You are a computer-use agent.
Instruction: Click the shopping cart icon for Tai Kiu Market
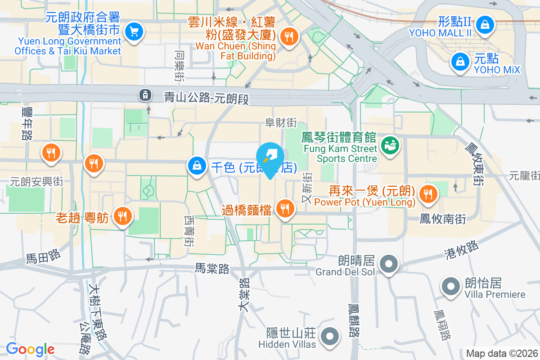(x=134, y=32)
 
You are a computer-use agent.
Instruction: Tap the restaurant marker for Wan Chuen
(x=287, y=36)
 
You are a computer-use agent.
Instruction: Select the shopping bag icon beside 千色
(x=197, y=166)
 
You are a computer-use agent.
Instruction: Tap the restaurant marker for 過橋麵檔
(x=285, y=209)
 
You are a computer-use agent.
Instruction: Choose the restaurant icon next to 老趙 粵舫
(x=121, y=216)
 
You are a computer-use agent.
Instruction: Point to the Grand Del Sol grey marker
(x=387, y=264)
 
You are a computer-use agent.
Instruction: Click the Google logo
(x=30, y=349)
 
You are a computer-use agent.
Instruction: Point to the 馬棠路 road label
(x=212, y=269)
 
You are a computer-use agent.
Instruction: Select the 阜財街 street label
(x=281, y=122)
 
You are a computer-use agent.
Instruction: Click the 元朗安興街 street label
(x=37, y=182)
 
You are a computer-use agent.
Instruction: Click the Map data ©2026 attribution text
(x=502, y=353)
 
